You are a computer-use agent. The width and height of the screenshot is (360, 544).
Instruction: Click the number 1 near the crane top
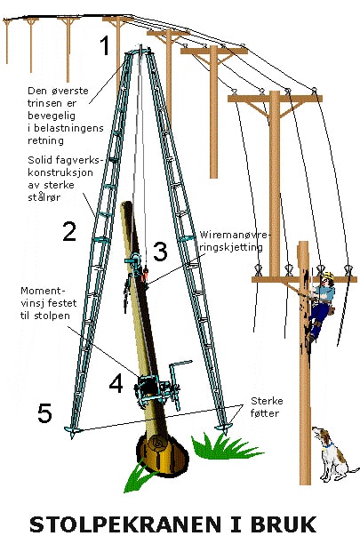click(x=105, y=45)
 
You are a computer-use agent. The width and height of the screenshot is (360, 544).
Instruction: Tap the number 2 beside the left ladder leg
click(x=69, y=231)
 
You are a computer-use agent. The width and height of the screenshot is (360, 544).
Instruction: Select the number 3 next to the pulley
click(x=160, y=252)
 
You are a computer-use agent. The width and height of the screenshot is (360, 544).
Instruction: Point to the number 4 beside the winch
click(x=116, y=384)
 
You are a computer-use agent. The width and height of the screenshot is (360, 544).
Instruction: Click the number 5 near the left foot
click(x=44, y=412)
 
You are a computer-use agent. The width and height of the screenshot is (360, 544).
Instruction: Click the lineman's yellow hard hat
click(x=327, y=276)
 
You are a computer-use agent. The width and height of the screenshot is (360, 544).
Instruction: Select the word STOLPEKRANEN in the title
click(x=124, y=524)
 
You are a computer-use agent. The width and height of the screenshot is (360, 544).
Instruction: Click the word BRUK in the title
click(x=284, y=524)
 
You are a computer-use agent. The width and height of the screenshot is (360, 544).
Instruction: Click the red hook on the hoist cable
click(x=145, y=274)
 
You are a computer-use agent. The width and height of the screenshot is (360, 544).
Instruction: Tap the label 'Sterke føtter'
click(x=267, y=407)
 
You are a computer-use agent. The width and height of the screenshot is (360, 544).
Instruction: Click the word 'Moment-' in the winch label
click(x=43, y=291)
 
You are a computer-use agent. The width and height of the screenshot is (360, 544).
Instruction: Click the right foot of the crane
click(x=222, y=428)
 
